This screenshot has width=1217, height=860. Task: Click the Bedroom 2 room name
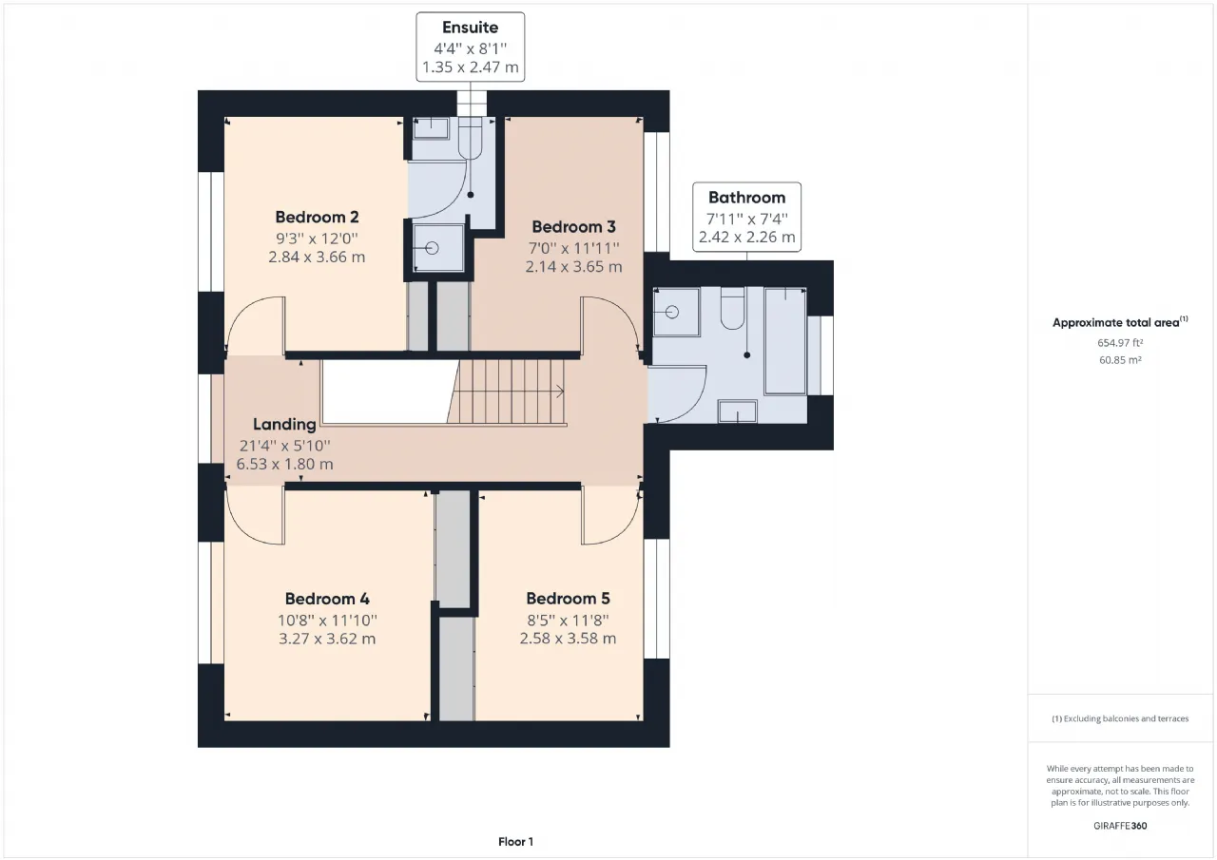[317, 218]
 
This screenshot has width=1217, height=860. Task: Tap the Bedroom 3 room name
[573, 226]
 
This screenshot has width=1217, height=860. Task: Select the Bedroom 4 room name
[327, 599]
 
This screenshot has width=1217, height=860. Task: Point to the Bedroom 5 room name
[568, 599]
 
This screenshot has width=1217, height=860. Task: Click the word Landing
[284, 424]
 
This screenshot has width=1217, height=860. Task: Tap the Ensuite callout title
[470, 28]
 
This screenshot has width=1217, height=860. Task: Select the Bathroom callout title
[746, 197]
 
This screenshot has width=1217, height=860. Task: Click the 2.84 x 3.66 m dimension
[317, 257]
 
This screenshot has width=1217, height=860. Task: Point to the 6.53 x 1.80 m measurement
[284, 464]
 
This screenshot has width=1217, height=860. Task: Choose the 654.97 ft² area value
[1120, 343]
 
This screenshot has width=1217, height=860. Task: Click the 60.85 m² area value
[1120, 360]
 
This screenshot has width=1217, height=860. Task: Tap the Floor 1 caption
[515, 842]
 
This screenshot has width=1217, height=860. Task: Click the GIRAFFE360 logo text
[1120, 826]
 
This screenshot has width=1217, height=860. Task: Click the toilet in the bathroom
[732, 309]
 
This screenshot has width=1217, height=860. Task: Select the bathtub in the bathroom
[785, 341]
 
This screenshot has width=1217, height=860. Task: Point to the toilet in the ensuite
[471, 140]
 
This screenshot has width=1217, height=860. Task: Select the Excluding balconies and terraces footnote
[1120, 718]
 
